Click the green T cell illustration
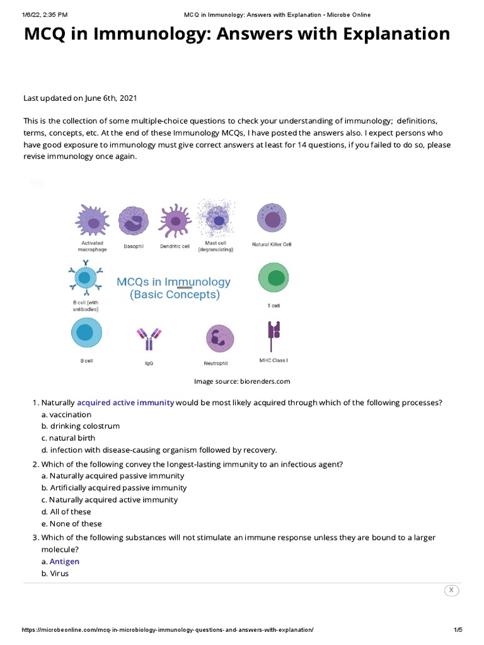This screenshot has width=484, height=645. click(272, 278)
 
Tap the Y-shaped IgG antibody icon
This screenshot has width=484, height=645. click(149, 339)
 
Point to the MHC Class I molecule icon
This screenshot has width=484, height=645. click(274, 335)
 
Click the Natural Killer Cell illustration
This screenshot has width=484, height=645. click(272, 219)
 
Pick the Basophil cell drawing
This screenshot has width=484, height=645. click(133, 222)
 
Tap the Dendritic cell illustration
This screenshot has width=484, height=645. click(175, 222)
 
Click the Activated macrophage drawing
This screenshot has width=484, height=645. click(93, 220)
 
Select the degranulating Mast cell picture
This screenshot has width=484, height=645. click(219, 219)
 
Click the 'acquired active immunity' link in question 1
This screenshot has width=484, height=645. click(125, 402)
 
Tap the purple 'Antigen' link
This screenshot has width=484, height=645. click(64, 561)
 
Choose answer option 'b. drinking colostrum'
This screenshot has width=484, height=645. click(80, 426)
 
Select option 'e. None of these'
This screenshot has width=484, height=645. click(71, 523)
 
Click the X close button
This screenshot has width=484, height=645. click(451, 590)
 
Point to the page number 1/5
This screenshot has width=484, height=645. click(458, 631)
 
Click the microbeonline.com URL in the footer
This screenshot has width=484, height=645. click(167, 631)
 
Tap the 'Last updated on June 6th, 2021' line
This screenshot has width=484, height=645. click(80, 98)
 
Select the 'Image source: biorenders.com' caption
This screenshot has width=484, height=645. click(242, 381)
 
